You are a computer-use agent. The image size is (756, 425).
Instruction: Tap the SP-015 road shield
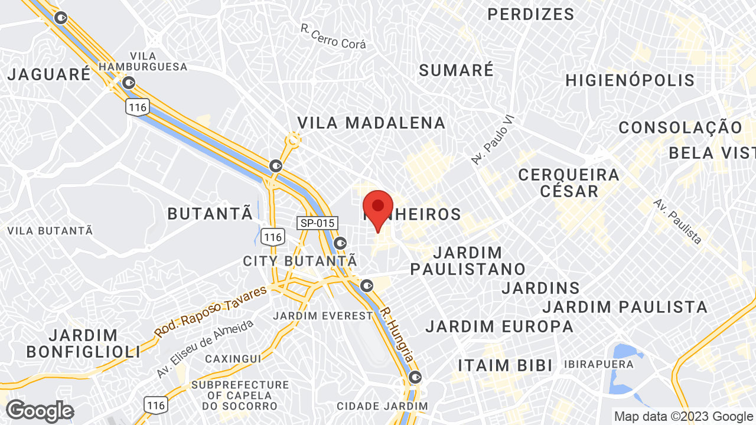[317, 223]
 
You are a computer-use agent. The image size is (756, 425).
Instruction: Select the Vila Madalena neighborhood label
[371, 123]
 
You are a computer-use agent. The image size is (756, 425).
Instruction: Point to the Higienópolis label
[630, 80]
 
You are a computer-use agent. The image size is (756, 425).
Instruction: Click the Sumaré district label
[456, 70]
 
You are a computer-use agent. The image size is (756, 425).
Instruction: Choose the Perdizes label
[530, 14]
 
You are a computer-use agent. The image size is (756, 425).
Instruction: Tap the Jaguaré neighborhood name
[50, 74]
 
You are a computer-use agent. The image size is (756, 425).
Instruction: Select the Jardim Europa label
[499, 326]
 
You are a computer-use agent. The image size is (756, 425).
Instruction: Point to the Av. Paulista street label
[677, 221]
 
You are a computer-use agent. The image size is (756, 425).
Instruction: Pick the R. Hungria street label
[396, 335]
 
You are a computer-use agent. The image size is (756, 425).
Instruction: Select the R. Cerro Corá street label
[333, 37]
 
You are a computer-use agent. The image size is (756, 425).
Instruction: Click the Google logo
[40, 411]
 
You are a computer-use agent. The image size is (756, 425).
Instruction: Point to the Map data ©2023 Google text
[684, 416]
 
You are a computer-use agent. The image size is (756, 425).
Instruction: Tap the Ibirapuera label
[598, 364]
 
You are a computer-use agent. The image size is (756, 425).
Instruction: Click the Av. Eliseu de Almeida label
[205, 349]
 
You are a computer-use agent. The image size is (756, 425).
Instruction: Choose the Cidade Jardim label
[382, 406]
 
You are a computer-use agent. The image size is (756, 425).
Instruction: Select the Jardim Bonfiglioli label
[83, 344]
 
